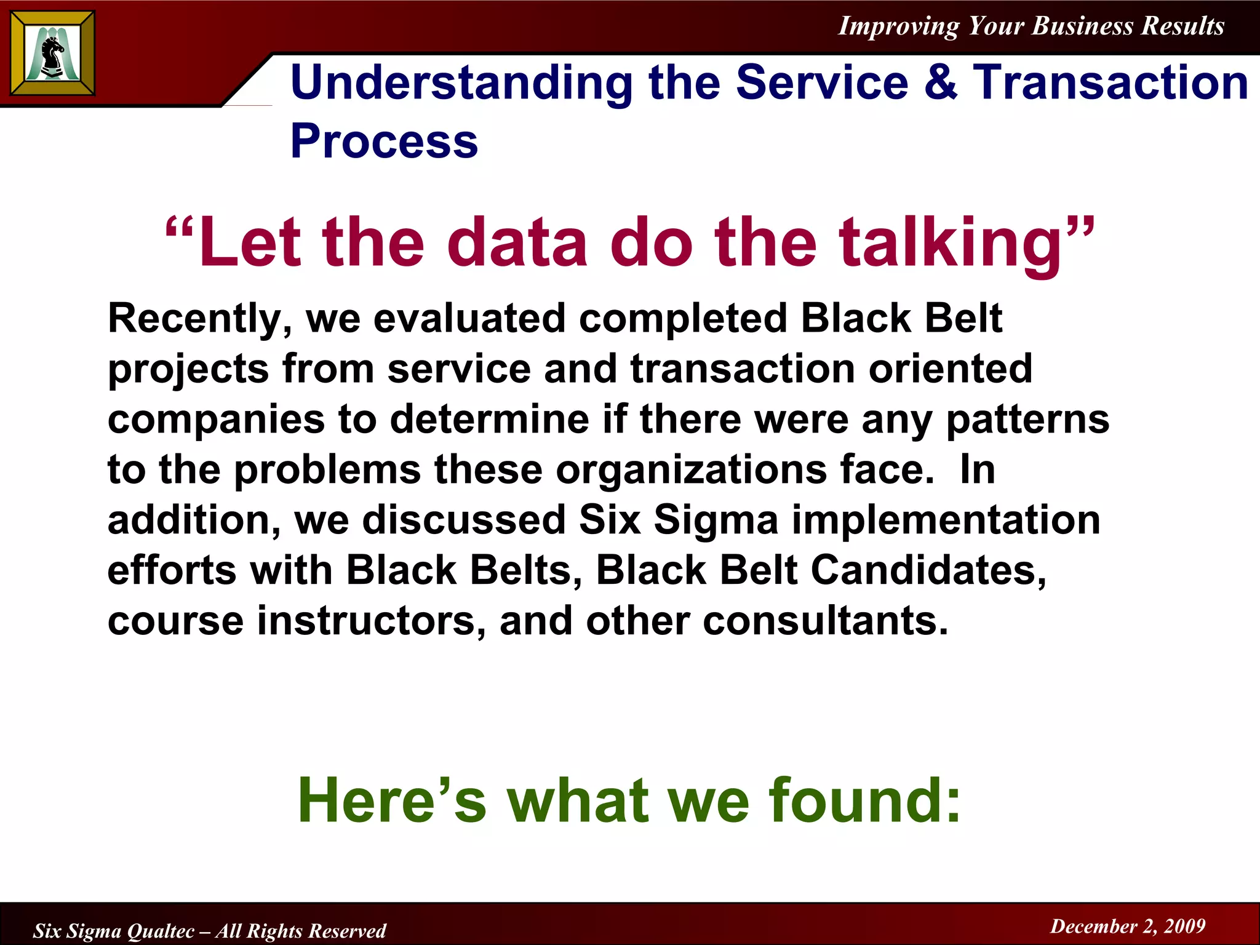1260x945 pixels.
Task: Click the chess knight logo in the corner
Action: [52, 53]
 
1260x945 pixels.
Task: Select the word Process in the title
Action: [384, 142]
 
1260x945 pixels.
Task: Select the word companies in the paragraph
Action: [216, 421]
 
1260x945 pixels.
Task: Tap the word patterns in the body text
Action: [1027, 421]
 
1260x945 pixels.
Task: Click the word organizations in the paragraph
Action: [692, 471]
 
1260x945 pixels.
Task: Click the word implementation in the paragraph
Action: [946, 520]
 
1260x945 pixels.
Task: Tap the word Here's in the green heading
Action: [392, 800]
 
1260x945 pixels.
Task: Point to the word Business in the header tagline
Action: [1082, 26]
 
